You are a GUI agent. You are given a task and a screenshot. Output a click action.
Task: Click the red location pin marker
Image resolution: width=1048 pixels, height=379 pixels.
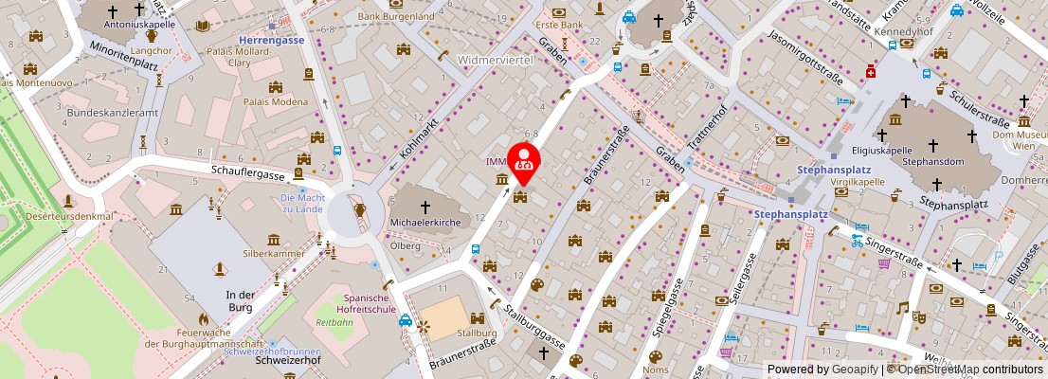click(524, 160)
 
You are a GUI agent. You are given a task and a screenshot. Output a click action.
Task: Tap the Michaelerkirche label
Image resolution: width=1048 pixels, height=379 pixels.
click(425, 224)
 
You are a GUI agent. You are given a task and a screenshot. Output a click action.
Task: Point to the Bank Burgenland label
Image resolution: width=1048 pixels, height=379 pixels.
click(396, 16)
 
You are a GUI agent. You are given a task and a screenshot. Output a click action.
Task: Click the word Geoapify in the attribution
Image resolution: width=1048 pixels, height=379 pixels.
click(856, 370)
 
